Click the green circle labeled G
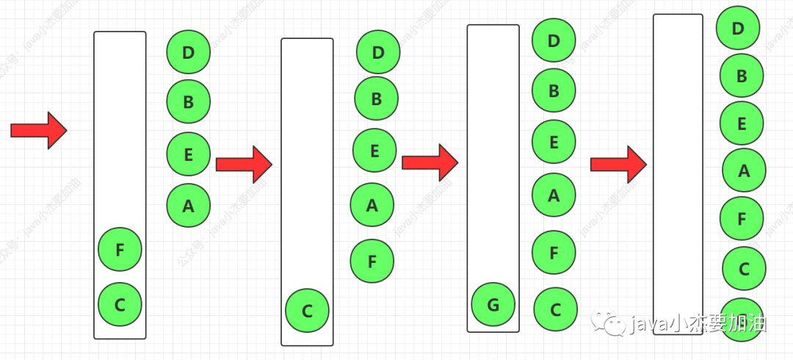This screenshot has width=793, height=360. tap(493, 304)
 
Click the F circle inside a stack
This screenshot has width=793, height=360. tap(120, 250)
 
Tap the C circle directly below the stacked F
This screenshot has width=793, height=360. tap(120, 303)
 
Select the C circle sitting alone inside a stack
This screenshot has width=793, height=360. tap(308, 311)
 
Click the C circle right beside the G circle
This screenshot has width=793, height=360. tap(556, 309)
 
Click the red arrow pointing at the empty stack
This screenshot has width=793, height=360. tap(618, 164)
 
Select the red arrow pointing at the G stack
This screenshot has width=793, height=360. tap(430, 162)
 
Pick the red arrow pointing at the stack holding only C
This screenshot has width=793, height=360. tap(244, 164)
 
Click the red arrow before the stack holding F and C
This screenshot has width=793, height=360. tap(39, 130)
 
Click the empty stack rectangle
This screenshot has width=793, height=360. tap(678, 162)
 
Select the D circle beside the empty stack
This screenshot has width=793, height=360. tap(738, 29)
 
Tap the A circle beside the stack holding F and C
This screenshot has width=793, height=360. tap(188, 206)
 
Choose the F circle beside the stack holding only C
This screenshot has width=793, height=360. tap(372, 261)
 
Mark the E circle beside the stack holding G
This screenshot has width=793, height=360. tap(554, 142)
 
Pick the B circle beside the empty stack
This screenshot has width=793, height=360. tap(741, 76)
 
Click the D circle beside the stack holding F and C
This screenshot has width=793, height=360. tap(188, 52)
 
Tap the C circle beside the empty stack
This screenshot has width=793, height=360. tap(743, 269)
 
